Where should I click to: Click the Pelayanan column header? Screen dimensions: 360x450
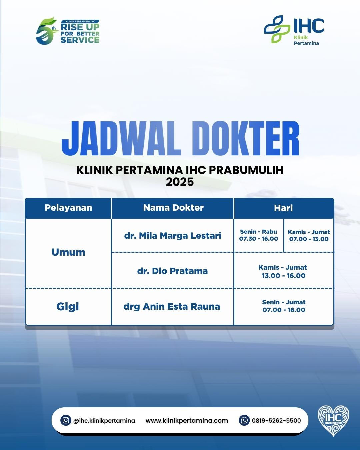[68, 208]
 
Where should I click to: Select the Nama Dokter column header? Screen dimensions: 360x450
[173, 208]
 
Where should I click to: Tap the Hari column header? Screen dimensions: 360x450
[283, 208]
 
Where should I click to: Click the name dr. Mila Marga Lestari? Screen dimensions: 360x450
[173, 236]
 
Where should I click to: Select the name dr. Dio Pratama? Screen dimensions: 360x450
[172, 271]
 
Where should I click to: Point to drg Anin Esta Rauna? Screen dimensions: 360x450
[172, 307]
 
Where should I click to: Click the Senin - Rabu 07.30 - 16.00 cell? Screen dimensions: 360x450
[259, 235]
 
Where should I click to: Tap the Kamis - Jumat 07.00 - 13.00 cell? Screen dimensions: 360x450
[309, 235]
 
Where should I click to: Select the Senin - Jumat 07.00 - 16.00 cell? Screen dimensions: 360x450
[284, 306]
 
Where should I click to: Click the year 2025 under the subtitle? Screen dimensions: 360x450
[180, 182]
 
